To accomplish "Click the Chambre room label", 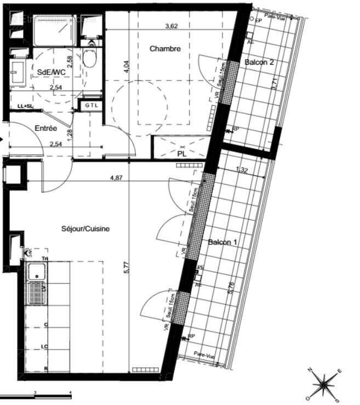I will (x=165, y=49).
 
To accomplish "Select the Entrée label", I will (x=45, y=128).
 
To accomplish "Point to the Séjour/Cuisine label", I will (x=85, y=229).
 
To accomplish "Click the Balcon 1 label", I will (x=221, y=242).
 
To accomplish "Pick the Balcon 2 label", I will (x=259, y=62).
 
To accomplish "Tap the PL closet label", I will (x=182, y=154).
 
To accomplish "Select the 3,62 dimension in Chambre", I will (x=173, y=25).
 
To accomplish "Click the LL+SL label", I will (x=25, y=106).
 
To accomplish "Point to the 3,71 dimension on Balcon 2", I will (x=275, y=84).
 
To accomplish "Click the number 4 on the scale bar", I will (x=70, y=393).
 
